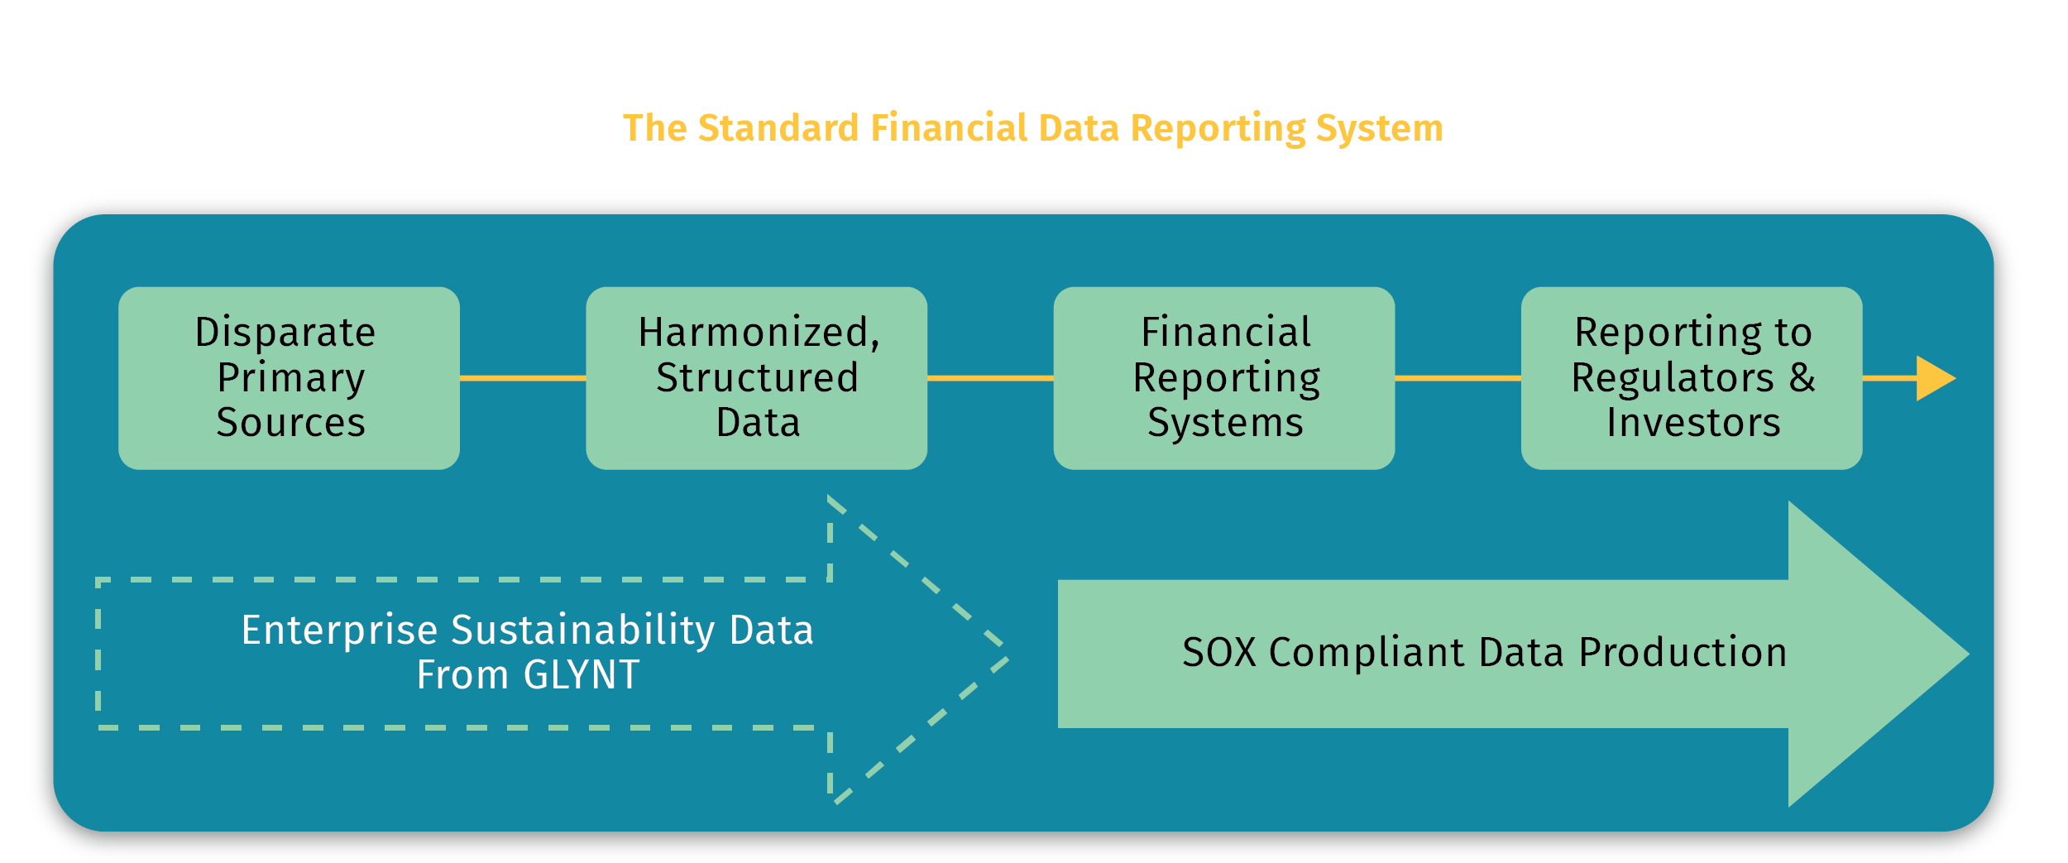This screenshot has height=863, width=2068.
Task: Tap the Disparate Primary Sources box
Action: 289,378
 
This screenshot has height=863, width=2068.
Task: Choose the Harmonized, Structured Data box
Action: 756,378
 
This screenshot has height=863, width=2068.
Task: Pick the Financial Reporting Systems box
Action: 1223,378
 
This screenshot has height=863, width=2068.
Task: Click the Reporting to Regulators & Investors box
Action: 1691,378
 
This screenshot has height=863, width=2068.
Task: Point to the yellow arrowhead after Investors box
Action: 1933,378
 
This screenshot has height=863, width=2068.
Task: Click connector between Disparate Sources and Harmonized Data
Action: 523,378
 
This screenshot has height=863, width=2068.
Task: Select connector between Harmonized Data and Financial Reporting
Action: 990,378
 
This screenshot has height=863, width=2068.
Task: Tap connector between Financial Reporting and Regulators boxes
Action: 1458,378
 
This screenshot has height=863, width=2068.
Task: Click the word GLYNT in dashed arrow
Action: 582,675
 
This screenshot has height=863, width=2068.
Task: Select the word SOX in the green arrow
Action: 1219,653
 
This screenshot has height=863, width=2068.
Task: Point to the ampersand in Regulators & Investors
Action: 1802,377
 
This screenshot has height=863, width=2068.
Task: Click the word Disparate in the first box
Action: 285,333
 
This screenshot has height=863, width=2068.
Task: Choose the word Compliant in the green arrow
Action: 1371,653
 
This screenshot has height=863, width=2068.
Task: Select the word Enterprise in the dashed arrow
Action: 339,630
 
